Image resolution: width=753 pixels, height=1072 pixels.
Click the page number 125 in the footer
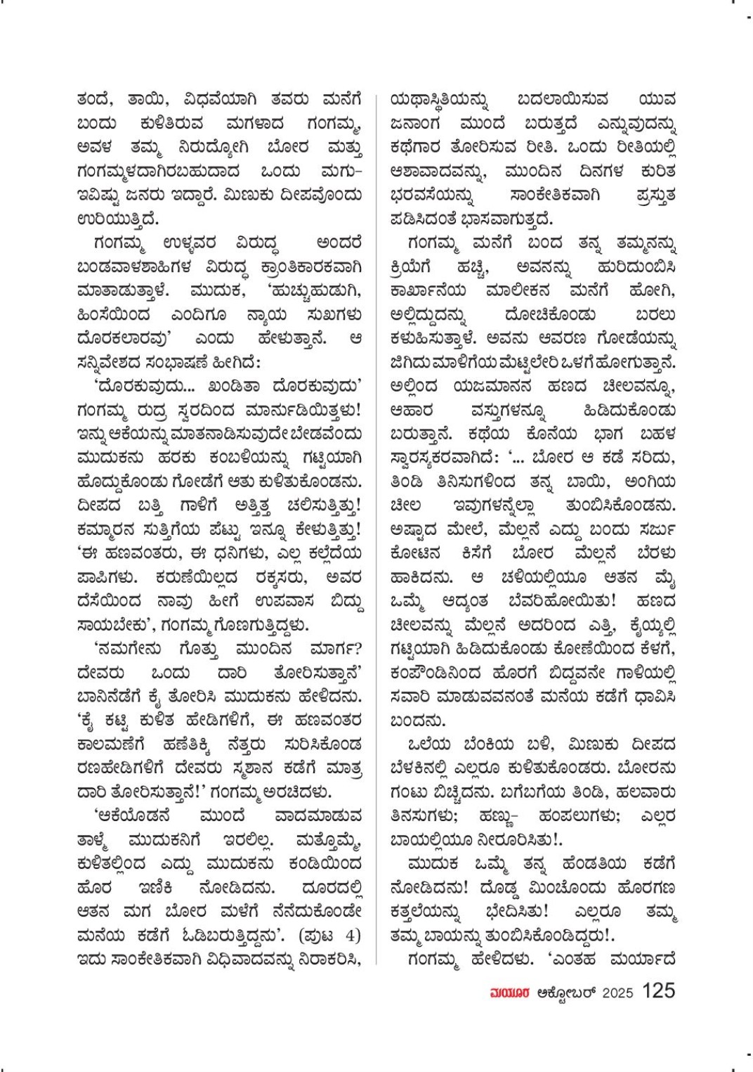[x=658, y=990]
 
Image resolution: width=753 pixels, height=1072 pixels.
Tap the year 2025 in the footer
[x=617, y=993]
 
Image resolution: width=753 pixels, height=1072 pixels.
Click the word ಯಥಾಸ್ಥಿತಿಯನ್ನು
[x=441, y=100]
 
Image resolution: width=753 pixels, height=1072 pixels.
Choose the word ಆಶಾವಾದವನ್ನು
[x=441, y=172]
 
